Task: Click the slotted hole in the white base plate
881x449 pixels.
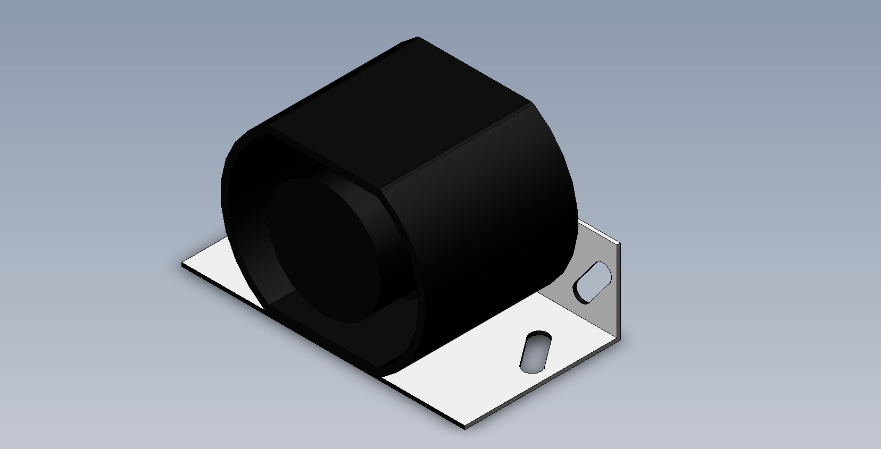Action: point(536,351)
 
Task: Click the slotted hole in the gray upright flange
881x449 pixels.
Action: point(592,281)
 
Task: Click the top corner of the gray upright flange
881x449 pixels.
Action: point(619,243)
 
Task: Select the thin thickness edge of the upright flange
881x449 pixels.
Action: point(619,292)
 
